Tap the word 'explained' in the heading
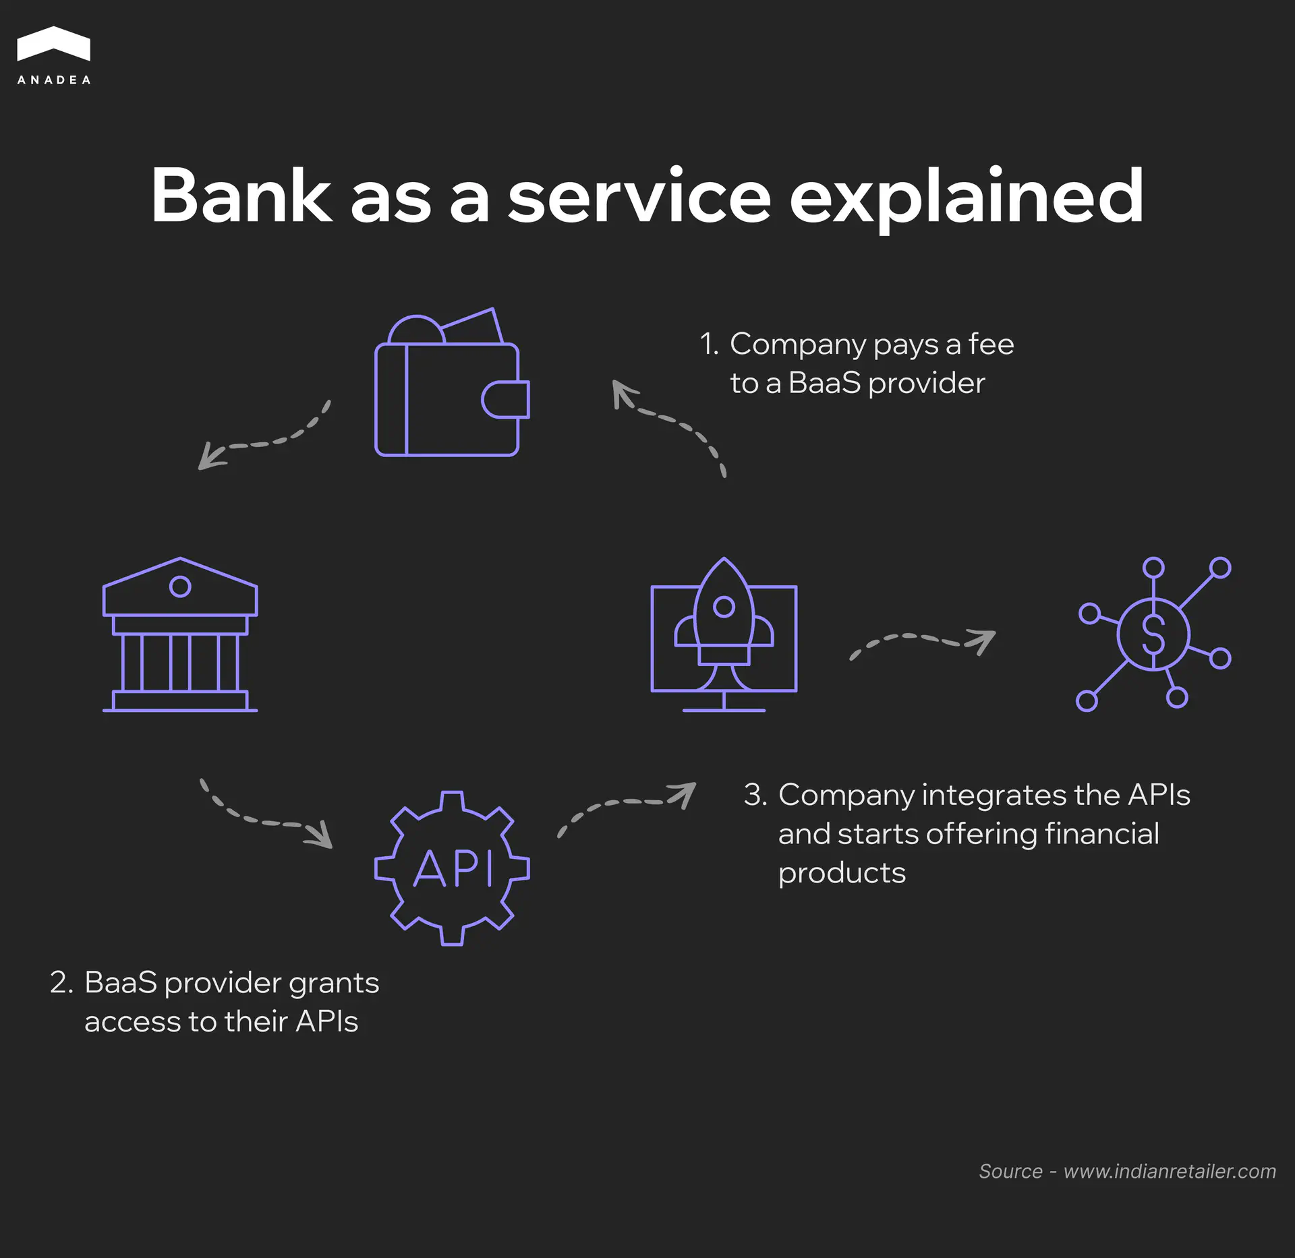click(966, 198)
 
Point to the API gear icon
click(452, 868)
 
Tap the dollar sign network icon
click(1153, 634)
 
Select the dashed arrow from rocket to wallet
click(674, 421)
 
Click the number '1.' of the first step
click(709, 345)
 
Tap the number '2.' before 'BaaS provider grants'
click(61, 983)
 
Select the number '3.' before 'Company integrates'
click(755, 796)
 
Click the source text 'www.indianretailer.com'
click(1170, 1172)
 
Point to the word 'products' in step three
click(842, 874)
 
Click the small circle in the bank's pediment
click(180, 587)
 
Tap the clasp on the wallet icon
click(506, 399)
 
